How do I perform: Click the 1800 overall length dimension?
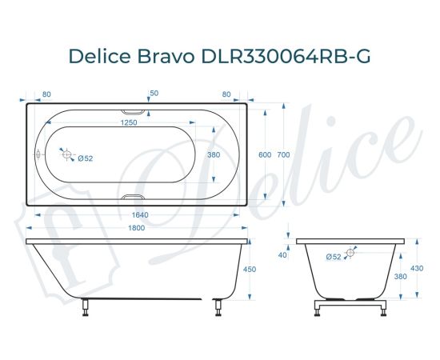138,230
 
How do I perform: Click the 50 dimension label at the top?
154,93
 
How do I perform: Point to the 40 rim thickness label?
282,255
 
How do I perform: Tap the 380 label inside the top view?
214,154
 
